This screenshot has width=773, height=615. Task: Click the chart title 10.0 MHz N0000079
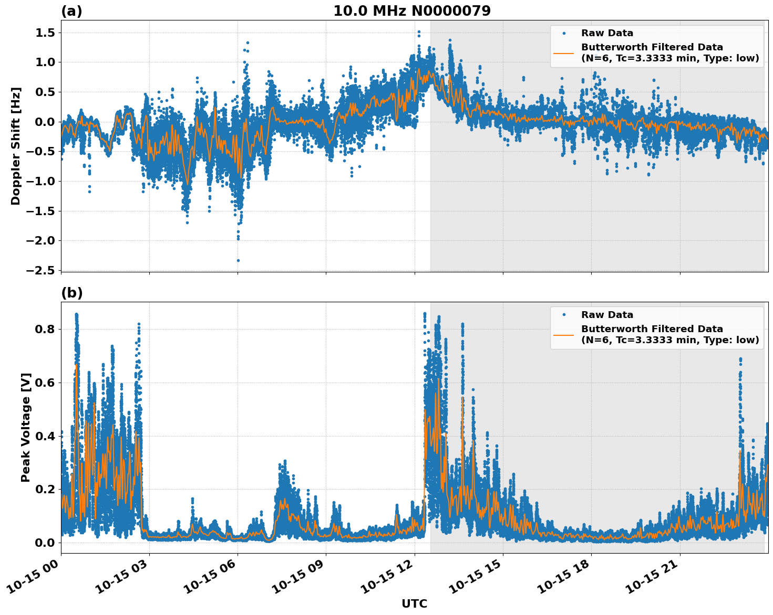click(412, 11)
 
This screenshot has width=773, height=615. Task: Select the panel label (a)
click(71, 11)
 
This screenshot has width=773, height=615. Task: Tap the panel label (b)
click(71, 293)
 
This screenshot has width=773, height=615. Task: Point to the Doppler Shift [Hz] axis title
click(16, 146)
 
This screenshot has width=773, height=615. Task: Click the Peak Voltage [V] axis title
click(26, 427)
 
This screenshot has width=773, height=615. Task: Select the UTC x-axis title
click(414, 603)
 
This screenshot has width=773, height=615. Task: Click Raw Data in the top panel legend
click(607, 33)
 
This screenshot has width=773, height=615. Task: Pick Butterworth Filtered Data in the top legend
click(652, 47)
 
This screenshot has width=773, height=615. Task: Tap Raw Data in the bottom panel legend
click(607, 315)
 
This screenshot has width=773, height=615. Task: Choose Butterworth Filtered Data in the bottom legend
click(652, 329)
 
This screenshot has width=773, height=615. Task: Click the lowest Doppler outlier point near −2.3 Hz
click(238, 260)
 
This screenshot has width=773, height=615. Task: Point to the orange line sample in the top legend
click(564, 53)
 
